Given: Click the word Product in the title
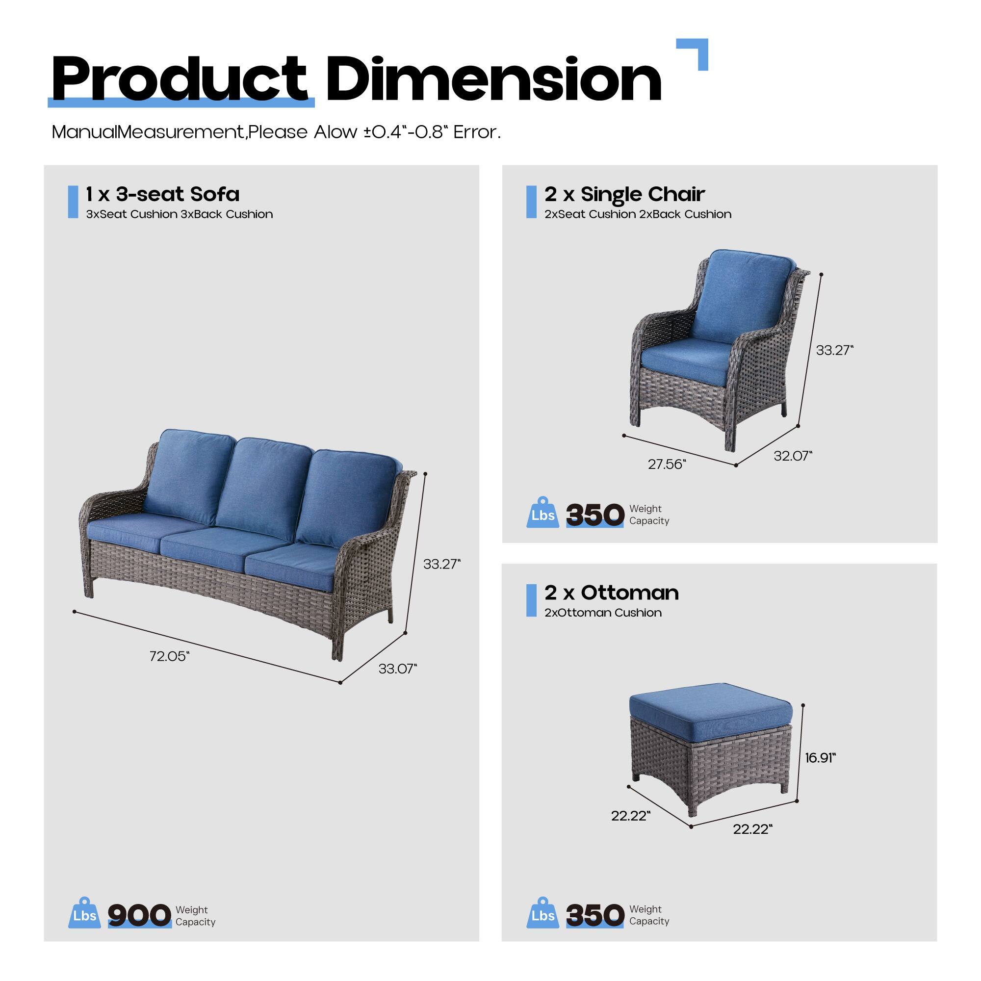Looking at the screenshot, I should [179, 79].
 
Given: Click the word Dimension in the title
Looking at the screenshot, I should [493, 79].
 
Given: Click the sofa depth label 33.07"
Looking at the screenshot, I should [397, 669].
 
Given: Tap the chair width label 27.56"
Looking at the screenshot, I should [667, 464].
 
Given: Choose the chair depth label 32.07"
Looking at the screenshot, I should [793, 456].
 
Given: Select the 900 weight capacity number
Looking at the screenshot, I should [139, 915].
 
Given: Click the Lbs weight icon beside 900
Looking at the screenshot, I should [84, 913].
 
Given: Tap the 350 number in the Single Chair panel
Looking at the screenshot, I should [594, 515].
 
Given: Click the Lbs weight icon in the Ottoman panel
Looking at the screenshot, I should [542, 913].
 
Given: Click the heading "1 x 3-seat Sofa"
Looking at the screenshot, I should [162, 194].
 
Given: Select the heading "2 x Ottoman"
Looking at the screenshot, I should [611, 593].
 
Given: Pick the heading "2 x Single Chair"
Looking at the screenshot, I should [624, 194].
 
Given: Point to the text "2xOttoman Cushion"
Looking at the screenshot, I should [603, 613].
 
